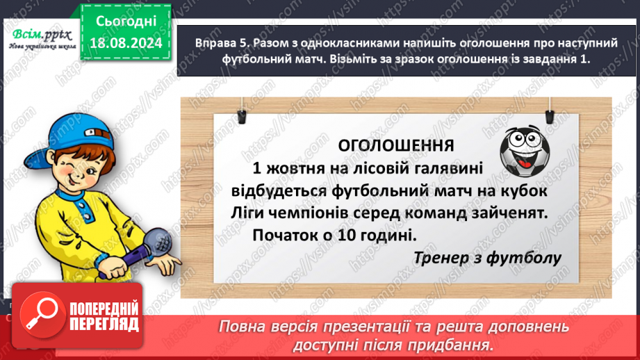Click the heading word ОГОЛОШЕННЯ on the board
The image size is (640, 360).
pos(395,145)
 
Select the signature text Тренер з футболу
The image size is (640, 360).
pos(486,258)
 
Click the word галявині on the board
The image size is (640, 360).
pos(445,167)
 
